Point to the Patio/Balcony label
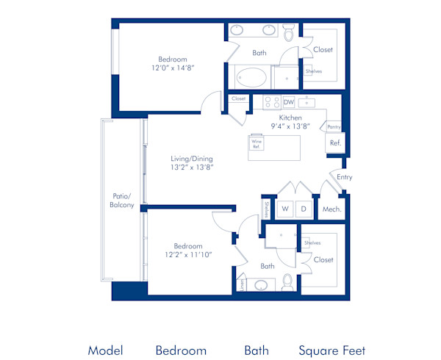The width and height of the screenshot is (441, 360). (122, 201)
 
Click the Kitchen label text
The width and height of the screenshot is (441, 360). (290, 117)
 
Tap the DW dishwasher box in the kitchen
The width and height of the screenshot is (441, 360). (289, 102)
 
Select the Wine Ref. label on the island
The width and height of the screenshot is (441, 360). (257, 145)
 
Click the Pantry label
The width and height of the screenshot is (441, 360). (334, 126)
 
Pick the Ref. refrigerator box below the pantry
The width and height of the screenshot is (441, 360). (334, 143)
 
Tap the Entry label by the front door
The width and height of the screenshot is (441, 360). (344, 177)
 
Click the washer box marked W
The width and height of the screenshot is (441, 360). (285, 209)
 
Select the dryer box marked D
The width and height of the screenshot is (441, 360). (303, 209)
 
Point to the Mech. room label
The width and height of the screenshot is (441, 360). (331, 209)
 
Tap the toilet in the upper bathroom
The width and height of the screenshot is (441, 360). (288, 33)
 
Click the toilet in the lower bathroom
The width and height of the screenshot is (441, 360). (287, 283)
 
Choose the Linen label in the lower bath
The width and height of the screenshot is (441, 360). (240, 284)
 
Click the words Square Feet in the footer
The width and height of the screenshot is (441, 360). (331, 350)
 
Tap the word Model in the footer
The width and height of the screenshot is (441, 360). (105, 350)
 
